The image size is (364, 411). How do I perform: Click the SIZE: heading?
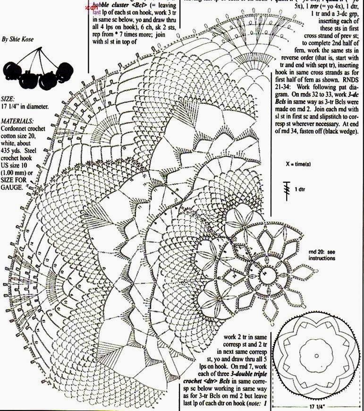[x=8, y=100]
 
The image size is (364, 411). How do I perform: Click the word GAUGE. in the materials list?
[x=13, y=188]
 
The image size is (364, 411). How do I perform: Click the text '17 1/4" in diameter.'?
[x=25, y=107]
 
